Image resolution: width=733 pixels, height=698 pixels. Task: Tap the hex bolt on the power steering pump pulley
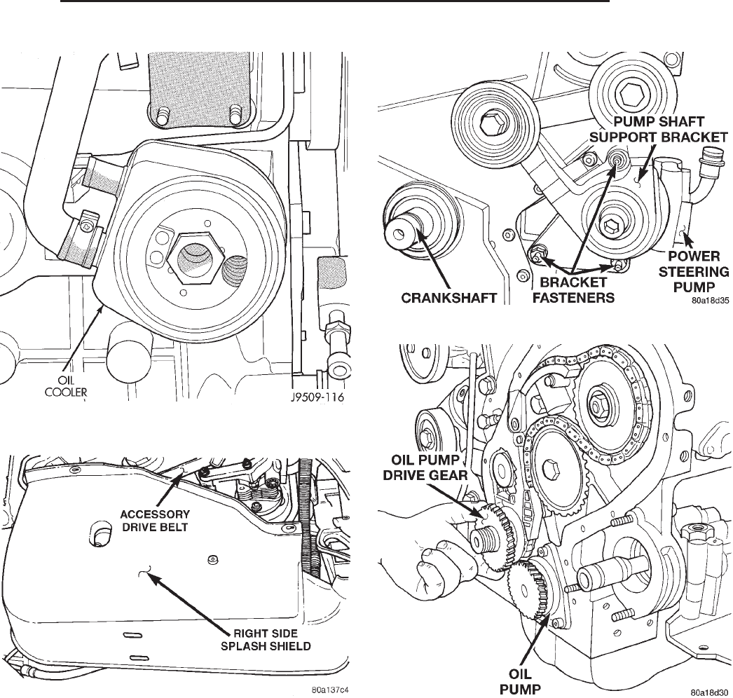(x=610, y=226)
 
